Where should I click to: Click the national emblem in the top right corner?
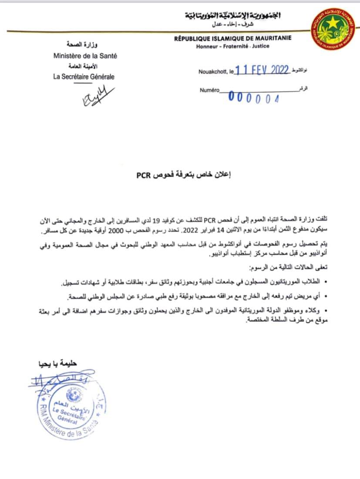click(333, 29)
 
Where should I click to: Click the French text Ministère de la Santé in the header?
click(85, 56)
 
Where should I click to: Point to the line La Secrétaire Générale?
click(84, 77)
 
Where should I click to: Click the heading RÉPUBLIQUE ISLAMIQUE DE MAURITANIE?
click(233, 38)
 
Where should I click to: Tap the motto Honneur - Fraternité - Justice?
click(233, 46)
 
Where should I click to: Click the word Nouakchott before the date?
click(214, 72)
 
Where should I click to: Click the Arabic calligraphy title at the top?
click(233, 17)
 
